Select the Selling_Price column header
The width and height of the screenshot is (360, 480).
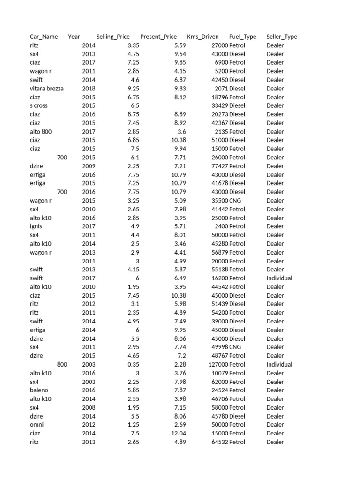coord(113,37)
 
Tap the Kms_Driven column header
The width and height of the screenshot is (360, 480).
coord(202,37)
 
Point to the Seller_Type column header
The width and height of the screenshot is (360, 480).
coord(281,37)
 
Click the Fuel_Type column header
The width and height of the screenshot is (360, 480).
coord(242,37)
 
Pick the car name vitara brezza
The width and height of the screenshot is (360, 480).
coord(47,88)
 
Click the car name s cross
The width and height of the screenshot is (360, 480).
coord(39,105)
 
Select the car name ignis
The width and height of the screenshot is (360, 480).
coord(36,226)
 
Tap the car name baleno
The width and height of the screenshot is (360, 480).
coord(39,390)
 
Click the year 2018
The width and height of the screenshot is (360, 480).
coord(89,88)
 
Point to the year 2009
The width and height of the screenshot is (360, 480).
coord(89,166)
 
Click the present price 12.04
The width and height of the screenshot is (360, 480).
coord(179,433)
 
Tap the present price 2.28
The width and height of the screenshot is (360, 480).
coord(180,364)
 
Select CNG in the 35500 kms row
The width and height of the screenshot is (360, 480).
coord(235,201)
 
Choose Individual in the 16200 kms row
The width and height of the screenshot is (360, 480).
coord(279,278)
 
